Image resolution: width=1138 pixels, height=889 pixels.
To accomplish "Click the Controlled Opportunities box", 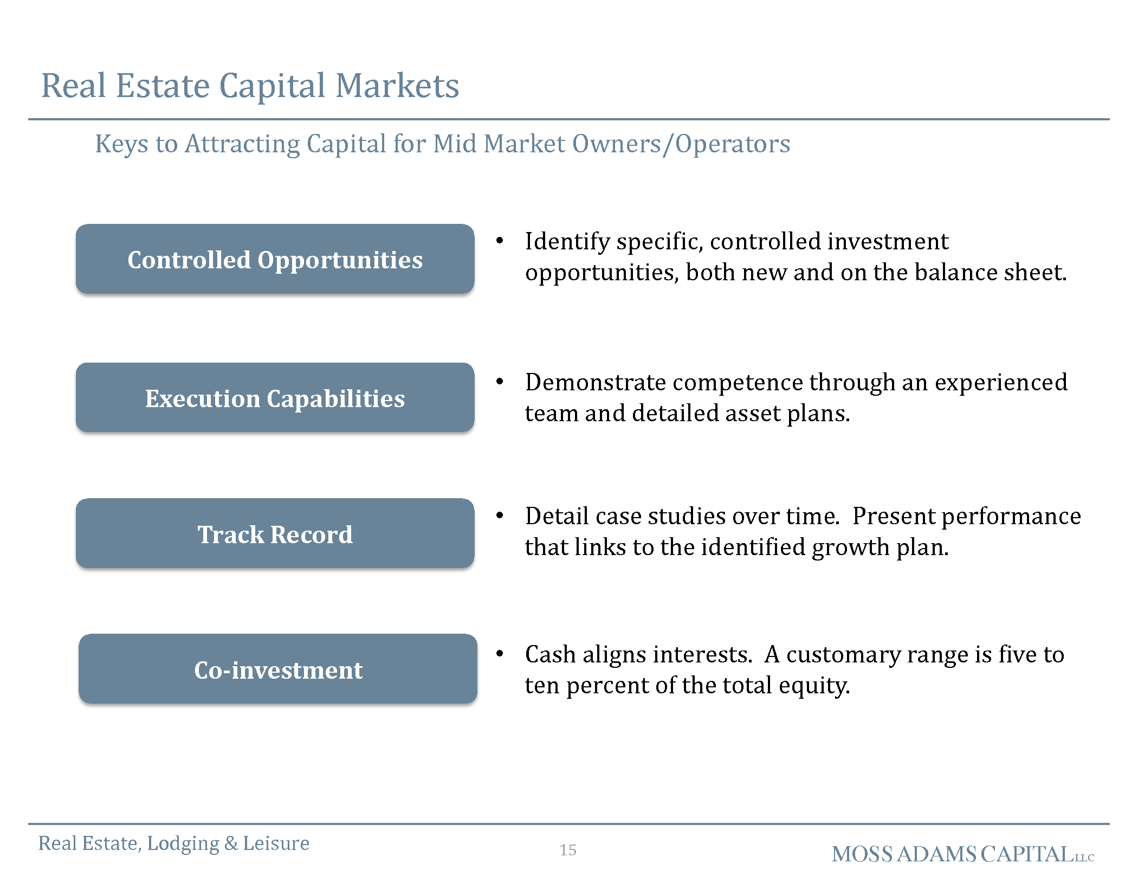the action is (x=275, y=259).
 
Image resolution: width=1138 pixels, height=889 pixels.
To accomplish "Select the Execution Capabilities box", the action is (x=275, y=397).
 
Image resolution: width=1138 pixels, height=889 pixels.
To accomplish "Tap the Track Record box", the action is (x=275, y=533).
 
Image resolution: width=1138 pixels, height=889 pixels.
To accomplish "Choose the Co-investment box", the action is (x=278, y=669).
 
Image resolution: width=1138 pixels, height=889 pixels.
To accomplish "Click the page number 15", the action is (x=568, y=850).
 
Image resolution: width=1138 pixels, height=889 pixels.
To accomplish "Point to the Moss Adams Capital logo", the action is (x=963, y=854).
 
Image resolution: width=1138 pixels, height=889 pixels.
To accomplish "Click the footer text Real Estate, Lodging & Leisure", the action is (x=174, y=843).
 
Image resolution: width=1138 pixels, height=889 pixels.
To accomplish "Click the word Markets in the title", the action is (x=397, y=86).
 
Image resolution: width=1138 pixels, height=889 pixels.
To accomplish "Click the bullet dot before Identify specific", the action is (x=500, y=241).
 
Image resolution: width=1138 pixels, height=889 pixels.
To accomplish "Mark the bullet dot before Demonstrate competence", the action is (x=500, y=382).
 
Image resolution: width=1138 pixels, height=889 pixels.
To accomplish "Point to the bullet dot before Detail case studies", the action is (x=500, y=515).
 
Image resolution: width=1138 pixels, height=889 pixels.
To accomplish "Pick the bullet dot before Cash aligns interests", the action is (x=500, y=654).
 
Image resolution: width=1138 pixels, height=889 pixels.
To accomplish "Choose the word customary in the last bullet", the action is (x=843, y=655).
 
